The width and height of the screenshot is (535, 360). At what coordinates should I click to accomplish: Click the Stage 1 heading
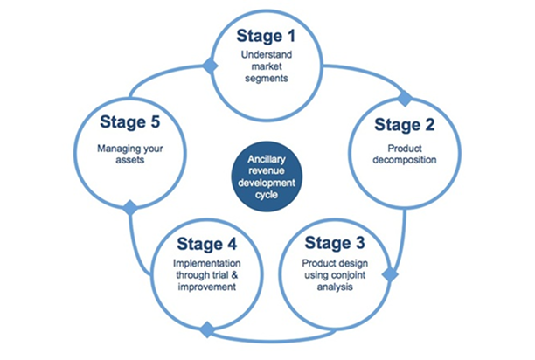(266, 36)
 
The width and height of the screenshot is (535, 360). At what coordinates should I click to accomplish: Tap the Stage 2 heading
(405, 125)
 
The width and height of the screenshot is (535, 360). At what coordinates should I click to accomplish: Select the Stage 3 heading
(335, 243)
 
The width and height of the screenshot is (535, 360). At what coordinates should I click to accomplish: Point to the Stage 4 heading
(207, 244)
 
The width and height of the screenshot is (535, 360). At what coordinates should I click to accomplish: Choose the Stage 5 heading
(129, 122)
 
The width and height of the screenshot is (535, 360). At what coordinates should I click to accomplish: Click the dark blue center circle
(267, 177)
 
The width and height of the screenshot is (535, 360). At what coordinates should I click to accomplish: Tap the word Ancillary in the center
(267, 160)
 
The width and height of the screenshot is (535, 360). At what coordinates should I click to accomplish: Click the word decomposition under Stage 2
(405, 160)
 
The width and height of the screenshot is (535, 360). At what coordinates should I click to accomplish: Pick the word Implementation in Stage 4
(207, 264)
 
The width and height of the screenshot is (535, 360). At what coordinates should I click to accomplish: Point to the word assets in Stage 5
(130, 160)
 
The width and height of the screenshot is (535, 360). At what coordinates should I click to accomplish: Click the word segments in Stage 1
(267, 79)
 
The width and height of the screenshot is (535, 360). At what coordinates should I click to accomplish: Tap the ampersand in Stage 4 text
(234, 275)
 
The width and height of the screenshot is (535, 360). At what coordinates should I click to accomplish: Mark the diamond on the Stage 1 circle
(210, 66)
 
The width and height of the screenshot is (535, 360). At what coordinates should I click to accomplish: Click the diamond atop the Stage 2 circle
(405, 99)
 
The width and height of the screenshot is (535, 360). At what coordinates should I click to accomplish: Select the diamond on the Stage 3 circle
(391, 274)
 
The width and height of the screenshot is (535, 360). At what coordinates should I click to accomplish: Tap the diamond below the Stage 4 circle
(207, 329)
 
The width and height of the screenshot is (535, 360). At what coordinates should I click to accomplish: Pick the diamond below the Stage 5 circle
(130, 208)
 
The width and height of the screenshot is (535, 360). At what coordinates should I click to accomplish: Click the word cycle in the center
(267, 196)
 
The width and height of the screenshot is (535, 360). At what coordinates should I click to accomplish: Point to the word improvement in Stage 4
(207, 287)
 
